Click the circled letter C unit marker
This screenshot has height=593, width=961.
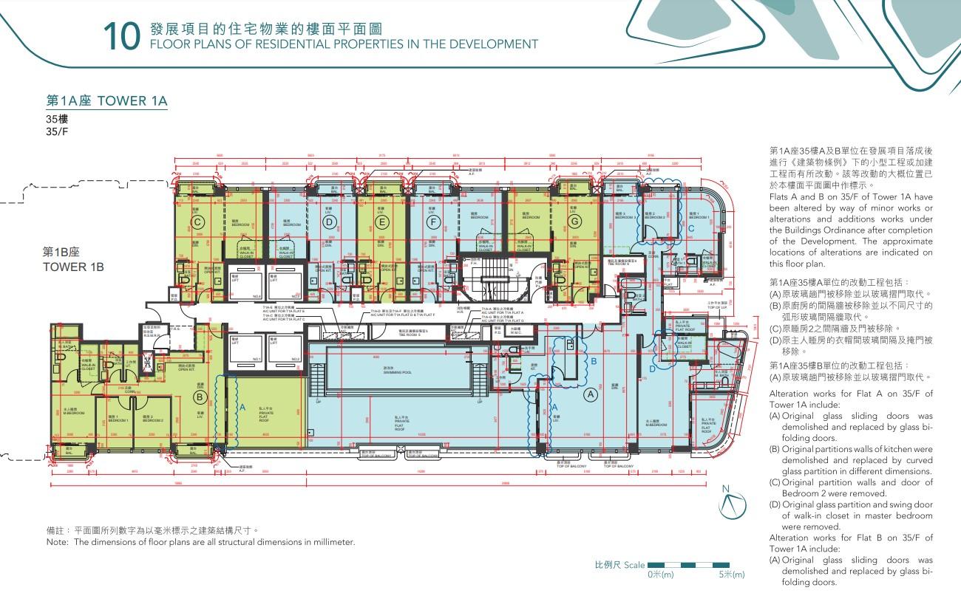pos(197,222)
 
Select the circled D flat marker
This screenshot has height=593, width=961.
pos(330,222)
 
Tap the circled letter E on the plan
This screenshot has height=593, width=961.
pos(381,222)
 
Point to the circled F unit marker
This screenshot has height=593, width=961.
pos(433,222)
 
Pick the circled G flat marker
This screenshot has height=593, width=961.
pos(573,222)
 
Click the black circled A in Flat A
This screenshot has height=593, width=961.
pos(590,395)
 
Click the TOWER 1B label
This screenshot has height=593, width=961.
pos(74,267)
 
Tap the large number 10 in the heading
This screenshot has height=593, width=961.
pos(121,38)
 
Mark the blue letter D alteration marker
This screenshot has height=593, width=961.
pos(651,369)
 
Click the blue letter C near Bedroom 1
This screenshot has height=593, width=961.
pos(690,229)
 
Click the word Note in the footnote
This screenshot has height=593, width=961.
pos(56,542)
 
